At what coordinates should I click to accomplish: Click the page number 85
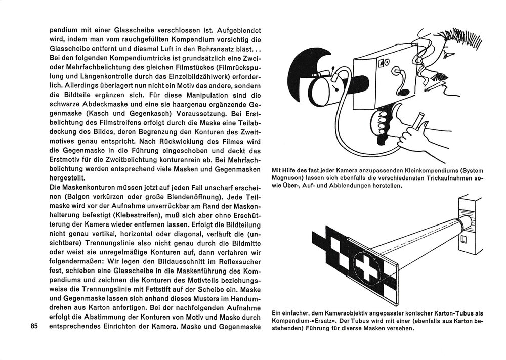tap(34, 326)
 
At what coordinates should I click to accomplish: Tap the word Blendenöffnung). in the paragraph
tap(195, 197)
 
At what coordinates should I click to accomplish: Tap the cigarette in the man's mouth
tap(434, 86)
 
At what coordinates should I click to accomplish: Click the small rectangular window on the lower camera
tap(463, 239)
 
